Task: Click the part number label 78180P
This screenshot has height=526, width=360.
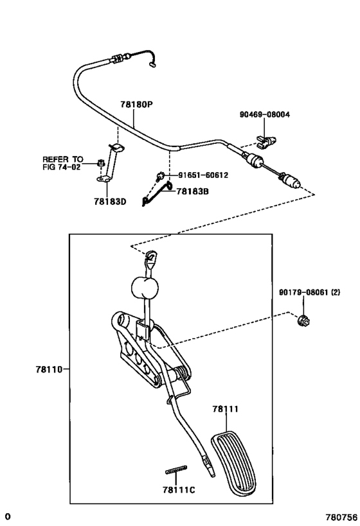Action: pos(136,105)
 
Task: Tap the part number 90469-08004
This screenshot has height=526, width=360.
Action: pos(265,114)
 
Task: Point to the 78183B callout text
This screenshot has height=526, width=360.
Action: pos(192,191)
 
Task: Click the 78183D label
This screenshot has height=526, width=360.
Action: pos(110,202)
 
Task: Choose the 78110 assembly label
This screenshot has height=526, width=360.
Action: pos(49,369)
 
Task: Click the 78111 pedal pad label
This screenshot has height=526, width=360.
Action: pos(226,409)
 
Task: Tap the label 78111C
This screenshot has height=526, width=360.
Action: pos(179,490)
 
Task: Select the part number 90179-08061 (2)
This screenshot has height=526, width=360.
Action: pos(309,292)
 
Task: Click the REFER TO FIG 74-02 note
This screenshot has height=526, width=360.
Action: pos(62,162)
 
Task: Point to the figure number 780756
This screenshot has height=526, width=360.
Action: pos(341,517)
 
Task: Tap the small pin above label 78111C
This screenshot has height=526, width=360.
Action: pos(176,470)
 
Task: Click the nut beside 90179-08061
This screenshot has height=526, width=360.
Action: pos(303,321)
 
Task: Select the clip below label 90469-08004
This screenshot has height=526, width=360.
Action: pos(266,141)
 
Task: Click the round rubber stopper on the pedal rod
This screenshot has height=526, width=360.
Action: pos(145,288)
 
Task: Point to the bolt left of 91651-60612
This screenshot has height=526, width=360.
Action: pos(160,175)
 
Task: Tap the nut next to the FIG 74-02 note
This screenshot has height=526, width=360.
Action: pos(100,163)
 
